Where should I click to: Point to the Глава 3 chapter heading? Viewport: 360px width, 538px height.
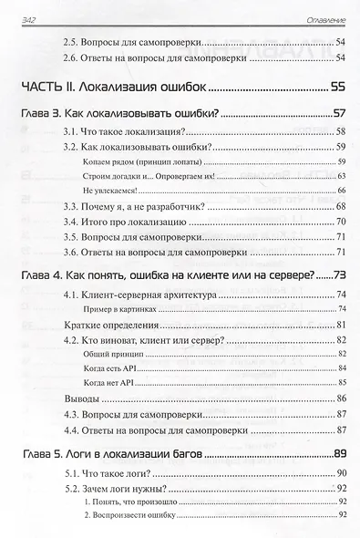(121, 116)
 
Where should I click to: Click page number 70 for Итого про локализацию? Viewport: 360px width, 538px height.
(341, 222)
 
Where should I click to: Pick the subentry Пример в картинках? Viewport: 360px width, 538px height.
(125, 309)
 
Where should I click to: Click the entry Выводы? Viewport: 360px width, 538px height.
(67, 398)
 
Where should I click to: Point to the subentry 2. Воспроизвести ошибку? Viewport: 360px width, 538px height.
(129, 516)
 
